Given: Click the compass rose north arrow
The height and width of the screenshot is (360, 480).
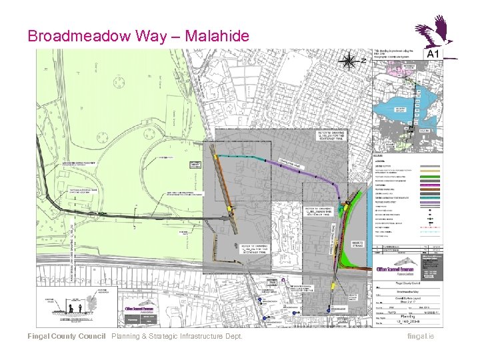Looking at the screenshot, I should click(348, 61).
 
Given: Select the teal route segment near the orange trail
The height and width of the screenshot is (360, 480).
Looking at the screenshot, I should click(240, 157).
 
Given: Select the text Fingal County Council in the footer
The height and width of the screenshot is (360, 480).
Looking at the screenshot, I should click(66, 336).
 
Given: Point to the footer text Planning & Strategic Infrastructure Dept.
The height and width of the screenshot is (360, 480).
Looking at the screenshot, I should click(177, 336).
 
